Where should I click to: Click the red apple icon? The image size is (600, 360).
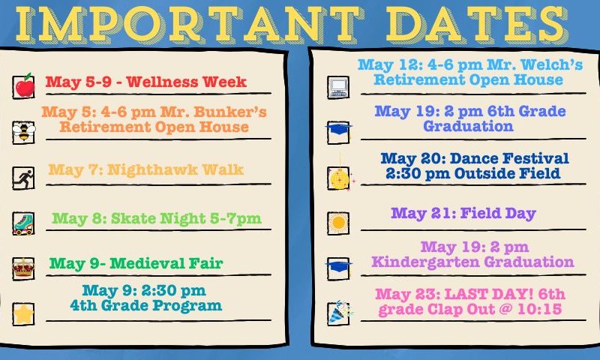[25, 85]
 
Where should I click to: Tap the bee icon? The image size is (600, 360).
[24, 131]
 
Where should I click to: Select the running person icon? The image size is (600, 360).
[24, 178]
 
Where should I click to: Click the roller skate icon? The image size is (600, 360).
[23, 223]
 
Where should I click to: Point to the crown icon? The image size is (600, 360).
[23, 268]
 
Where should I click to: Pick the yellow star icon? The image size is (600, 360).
[23, 313]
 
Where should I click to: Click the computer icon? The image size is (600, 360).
[339, 87]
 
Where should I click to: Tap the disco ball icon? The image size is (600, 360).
[339, 178]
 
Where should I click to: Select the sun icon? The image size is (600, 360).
[339, 223]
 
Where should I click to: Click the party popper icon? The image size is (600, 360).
[340, 312]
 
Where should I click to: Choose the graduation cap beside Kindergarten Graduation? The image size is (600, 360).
[339, 266]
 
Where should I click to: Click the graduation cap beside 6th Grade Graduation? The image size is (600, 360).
[339, 129]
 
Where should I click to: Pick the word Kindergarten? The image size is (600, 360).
[425, 262]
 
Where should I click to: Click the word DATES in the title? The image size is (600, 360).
[476, 24]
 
